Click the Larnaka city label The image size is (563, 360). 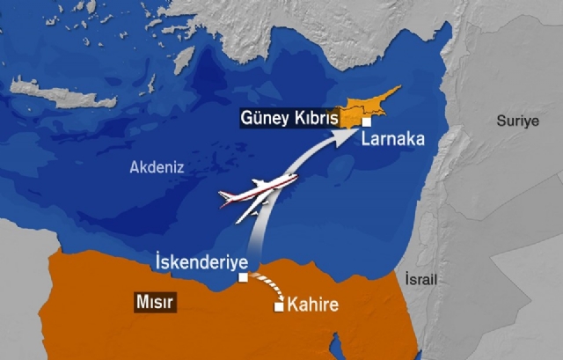pyautogui.click(x=393, y=139)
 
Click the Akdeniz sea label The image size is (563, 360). pyautogui.click(x=157, y=167)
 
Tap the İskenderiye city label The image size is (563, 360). pyautogui.click(x=194, y=261)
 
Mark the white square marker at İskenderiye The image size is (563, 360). pyautogui.click(x=243, y=278)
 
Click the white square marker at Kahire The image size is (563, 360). pyautogui.click(x=279, y=306)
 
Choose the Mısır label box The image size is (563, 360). pyautogui.click(x=153, y=301)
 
